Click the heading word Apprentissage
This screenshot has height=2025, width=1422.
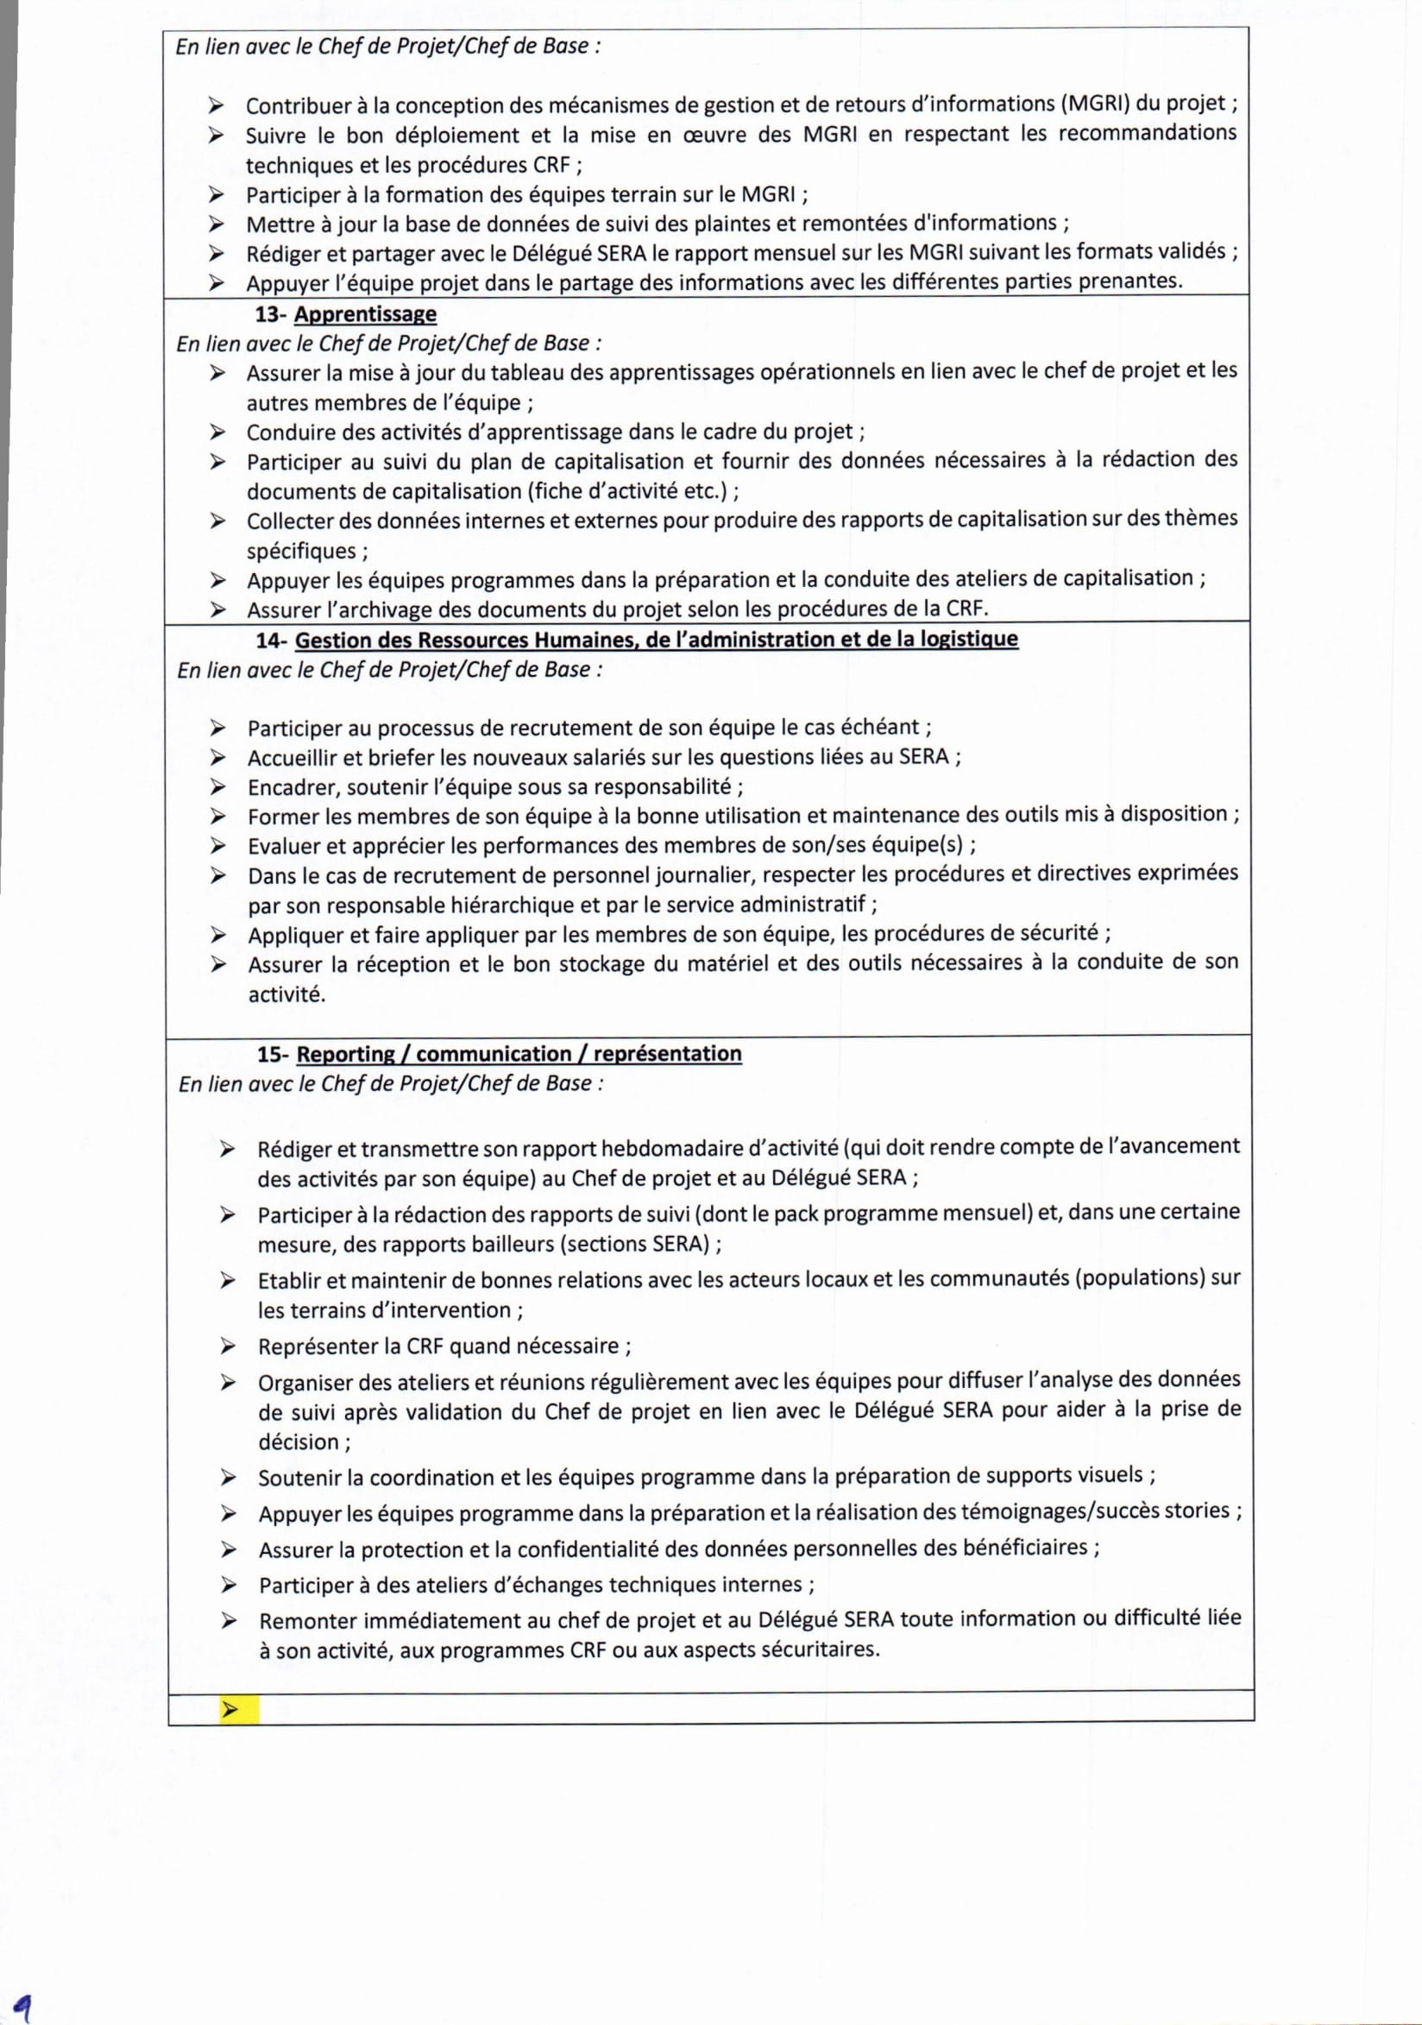(x=365, y=314)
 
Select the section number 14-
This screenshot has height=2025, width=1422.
(x=273, y=640)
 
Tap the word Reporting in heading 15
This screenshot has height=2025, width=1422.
(x=346, y=1054)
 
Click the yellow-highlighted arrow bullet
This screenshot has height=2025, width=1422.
(x=231, y=1710)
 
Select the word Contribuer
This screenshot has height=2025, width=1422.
(x=297, y=106)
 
